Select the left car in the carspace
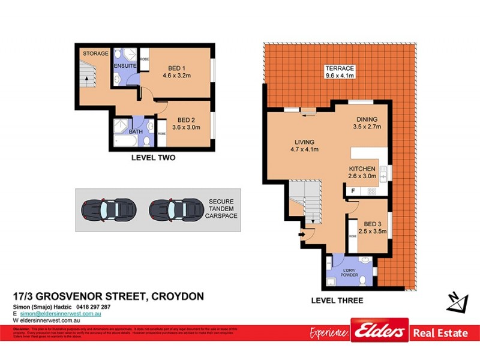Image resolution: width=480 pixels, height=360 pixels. click(x=109, y=209)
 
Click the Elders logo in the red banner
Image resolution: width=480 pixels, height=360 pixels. click(x=379, y=332)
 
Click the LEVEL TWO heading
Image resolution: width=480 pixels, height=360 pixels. click(x=157, y=158)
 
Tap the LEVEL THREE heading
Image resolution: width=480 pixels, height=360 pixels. click(x=337, y=301)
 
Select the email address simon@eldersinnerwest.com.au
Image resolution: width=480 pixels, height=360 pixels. click(x=60, y=314)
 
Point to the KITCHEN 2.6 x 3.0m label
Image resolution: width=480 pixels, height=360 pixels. click(x=362, y=173)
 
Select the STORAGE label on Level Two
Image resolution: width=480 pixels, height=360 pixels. click(x=95, y=54)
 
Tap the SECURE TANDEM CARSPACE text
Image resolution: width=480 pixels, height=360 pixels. click(x=221, y=209)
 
